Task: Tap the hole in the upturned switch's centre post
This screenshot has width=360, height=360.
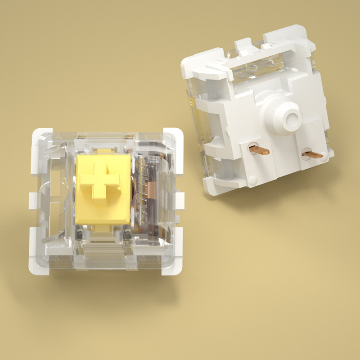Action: [292, 119]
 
